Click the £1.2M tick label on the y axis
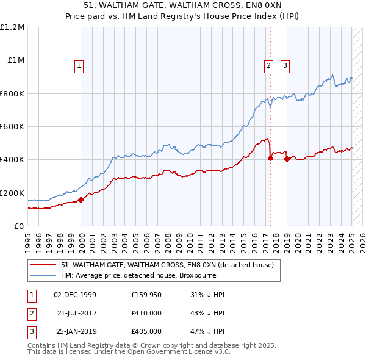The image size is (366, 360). pos(13,27)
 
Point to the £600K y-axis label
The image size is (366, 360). pos(13,127)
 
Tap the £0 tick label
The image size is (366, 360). pos(19,226)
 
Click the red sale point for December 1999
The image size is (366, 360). pos(81,200)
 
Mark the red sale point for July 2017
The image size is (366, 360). pos(270,158)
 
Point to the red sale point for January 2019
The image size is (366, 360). pos(287,159)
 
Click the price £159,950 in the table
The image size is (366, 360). pos(146,295)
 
